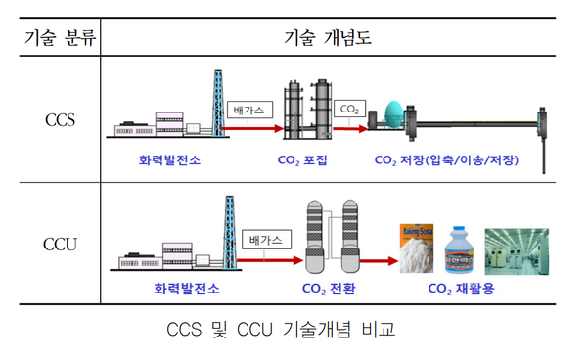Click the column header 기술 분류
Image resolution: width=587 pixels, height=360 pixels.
tap(56, 37)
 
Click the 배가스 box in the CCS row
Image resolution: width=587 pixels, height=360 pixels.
tap(246, 110)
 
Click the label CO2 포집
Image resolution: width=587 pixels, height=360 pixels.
tap(306, 158)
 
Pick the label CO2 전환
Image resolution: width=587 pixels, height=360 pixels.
tap(328, 289)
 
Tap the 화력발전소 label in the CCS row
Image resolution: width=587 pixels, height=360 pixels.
tap(164, 158)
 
